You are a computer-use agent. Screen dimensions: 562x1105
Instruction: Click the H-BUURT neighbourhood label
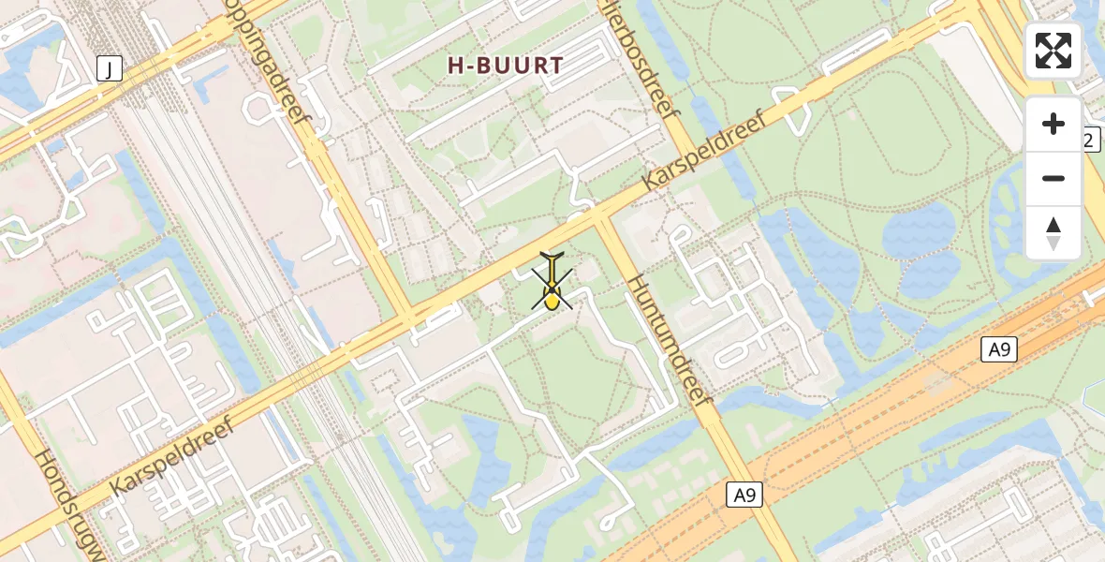pos(505,66)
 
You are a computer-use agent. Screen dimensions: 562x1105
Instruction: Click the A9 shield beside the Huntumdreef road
pos(744,495)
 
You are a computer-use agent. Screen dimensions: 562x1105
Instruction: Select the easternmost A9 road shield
pos(999,350)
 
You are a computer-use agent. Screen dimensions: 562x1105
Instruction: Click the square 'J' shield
pos(110,67)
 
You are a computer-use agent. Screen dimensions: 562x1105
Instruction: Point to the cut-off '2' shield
pos(1090,140)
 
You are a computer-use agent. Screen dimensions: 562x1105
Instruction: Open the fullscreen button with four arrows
pos(1053,51)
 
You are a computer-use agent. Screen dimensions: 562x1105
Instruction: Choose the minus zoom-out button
pos(1053,178)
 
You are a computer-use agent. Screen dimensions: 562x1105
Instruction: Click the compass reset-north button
pos(1053,232)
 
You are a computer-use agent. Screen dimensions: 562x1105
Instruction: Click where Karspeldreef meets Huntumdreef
pos(599,219)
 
